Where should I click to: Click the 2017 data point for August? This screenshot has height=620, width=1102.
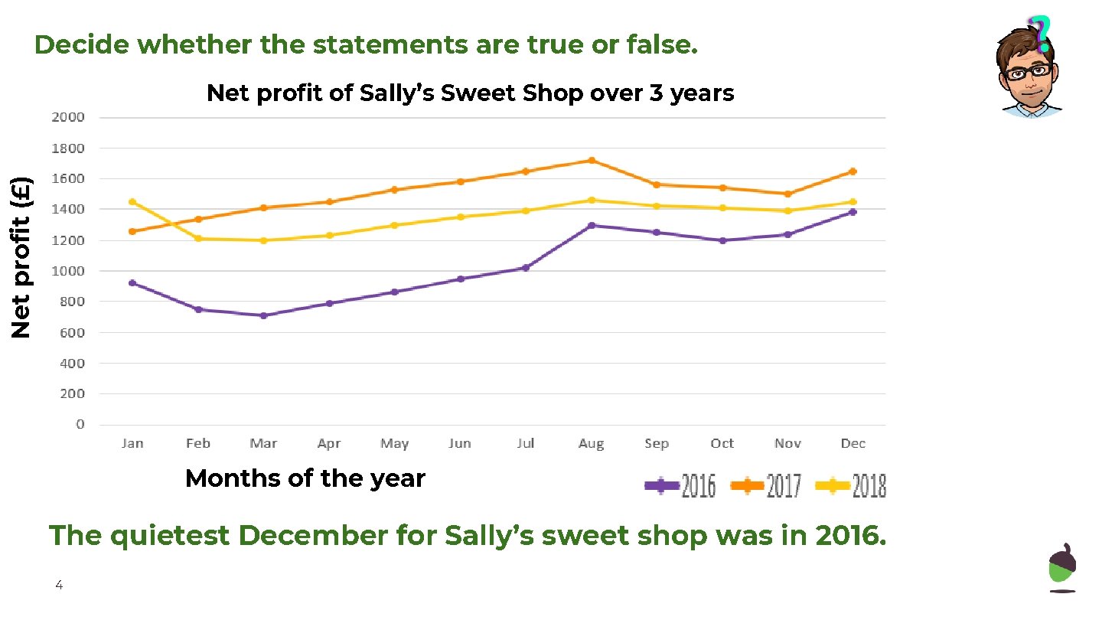[x=591, y=160]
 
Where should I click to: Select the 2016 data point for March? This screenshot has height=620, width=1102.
[x=263, y=315]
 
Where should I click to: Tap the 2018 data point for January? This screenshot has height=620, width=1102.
[x=132, y=202]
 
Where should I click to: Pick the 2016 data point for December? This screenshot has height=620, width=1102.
[x=853, y=212]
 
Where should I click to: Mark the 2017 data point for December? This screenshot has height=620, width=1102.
[x=853, y=171]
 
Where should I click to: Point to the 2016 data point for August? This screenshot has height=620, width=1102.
[x=591, y=225]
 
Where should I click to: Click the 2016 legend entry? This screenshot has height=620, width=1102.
[x=680, y=485]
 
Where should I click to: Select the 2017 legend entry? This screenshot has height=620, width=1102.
[x=766, y=485]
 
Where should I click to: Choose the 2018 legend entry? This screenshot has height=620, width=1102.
[x=851, y=485]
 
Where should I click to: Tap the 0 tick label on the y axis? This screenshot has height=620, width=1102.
[x=80, y=424]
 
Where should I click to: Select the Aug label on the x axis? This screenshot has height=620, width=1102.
[x=591, y=443]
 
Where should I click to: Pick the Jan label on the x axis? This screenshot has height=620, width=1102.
[x=132, y=443]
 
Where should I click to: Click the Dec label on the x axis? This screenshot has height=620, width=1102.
[x=853, y=443]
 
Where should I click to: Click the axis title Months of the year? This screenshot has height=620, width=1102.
[x=305, y=478]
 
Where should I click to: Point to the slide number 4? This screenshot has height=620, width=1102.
[x=58, y=586]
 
